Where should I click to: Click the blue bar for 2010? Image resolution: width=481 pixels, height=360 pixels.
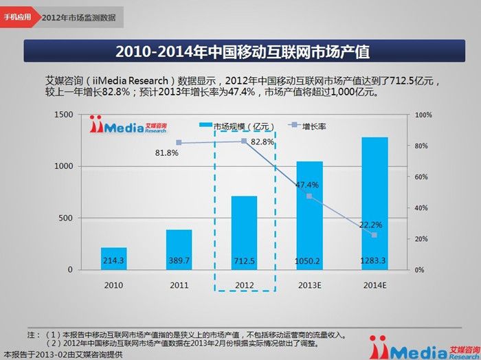coord(113,258)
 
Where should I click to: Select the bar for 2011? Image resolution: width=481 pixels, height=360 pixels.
coord(179,249)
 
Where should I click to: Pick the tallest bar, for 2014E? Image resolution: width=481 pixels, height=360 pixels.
coord(374,203)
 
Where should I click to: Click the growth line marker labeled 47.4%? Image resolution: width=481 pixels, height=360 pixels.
coord(309,196)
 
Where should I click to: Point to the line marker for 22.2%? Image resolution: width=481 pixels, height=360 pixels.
coord(374,235)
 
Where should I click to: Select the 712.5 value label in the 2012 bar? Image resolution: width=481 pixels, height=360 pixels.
coord(244,261)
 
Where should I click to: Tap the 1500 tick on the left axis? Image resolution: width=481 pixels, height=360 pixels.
coord(63,114)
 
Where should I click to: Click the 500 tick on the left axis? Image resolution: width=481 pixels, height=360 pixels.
coord(66,218)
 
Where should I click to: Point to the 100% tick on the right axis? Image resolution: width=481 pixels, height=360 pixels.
coord(423,114)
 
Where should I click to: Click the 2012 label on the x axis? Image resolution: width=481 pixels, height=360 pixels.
coord(244,284)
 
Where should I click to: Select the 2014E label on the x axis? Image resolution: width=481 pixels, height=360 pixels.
coord(374,284)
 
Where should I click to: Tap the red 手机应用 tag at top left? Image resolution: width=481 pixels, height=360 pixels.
coord(16,16)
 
